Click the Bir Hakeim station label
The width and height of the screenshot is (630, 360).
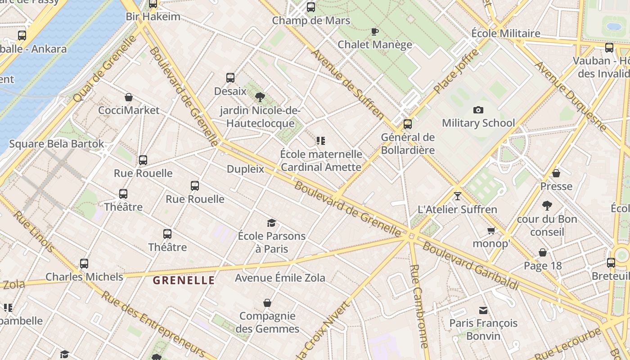(x=153, y=17)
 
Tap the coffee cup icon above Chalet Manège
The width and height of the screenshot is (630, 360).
(x=375, y=31)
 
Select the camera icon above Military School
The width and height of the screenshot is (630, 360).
(x=478, y=110)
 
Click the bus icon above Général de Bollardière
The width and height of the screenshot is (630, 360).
(x=408, y=124)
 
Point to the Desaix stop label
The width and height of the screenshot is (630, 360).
(x=230, y=91)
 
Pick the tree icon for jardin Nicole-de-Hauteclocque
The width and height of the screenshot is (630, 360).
(x=260, y=97)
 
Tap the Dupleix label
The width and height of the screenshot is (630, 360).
(x=245, y=169)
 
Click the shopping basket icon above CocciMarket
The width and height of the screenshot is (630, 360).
(x=129, y=97)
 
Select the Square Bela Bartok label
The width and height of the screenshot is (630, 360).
(x=57, y=144)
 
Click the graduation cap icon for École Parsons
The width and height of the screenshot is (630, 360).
(x=271, y=223)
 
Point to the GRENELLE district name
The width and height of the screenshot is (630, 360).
(x=184, y=280)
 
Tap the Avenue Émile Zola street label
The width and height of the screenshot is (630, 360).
(x=280, y=278)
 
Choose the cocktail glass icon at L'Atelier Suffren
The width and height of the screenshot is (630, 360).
(x=458, y=196)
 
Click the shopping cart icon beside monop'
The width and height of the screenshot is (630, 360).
(x=491, y=230)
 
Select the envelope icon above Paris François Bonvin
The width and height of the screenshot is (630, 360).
(x=483, y=310)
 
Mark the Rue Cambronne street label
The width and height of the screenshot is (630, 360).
(x=418, y=306)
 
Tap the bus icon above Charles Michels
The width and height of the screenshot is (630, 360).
(x=84, y=263)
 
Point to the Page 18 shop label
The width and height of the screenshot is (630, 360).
(x=543, y=266)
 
